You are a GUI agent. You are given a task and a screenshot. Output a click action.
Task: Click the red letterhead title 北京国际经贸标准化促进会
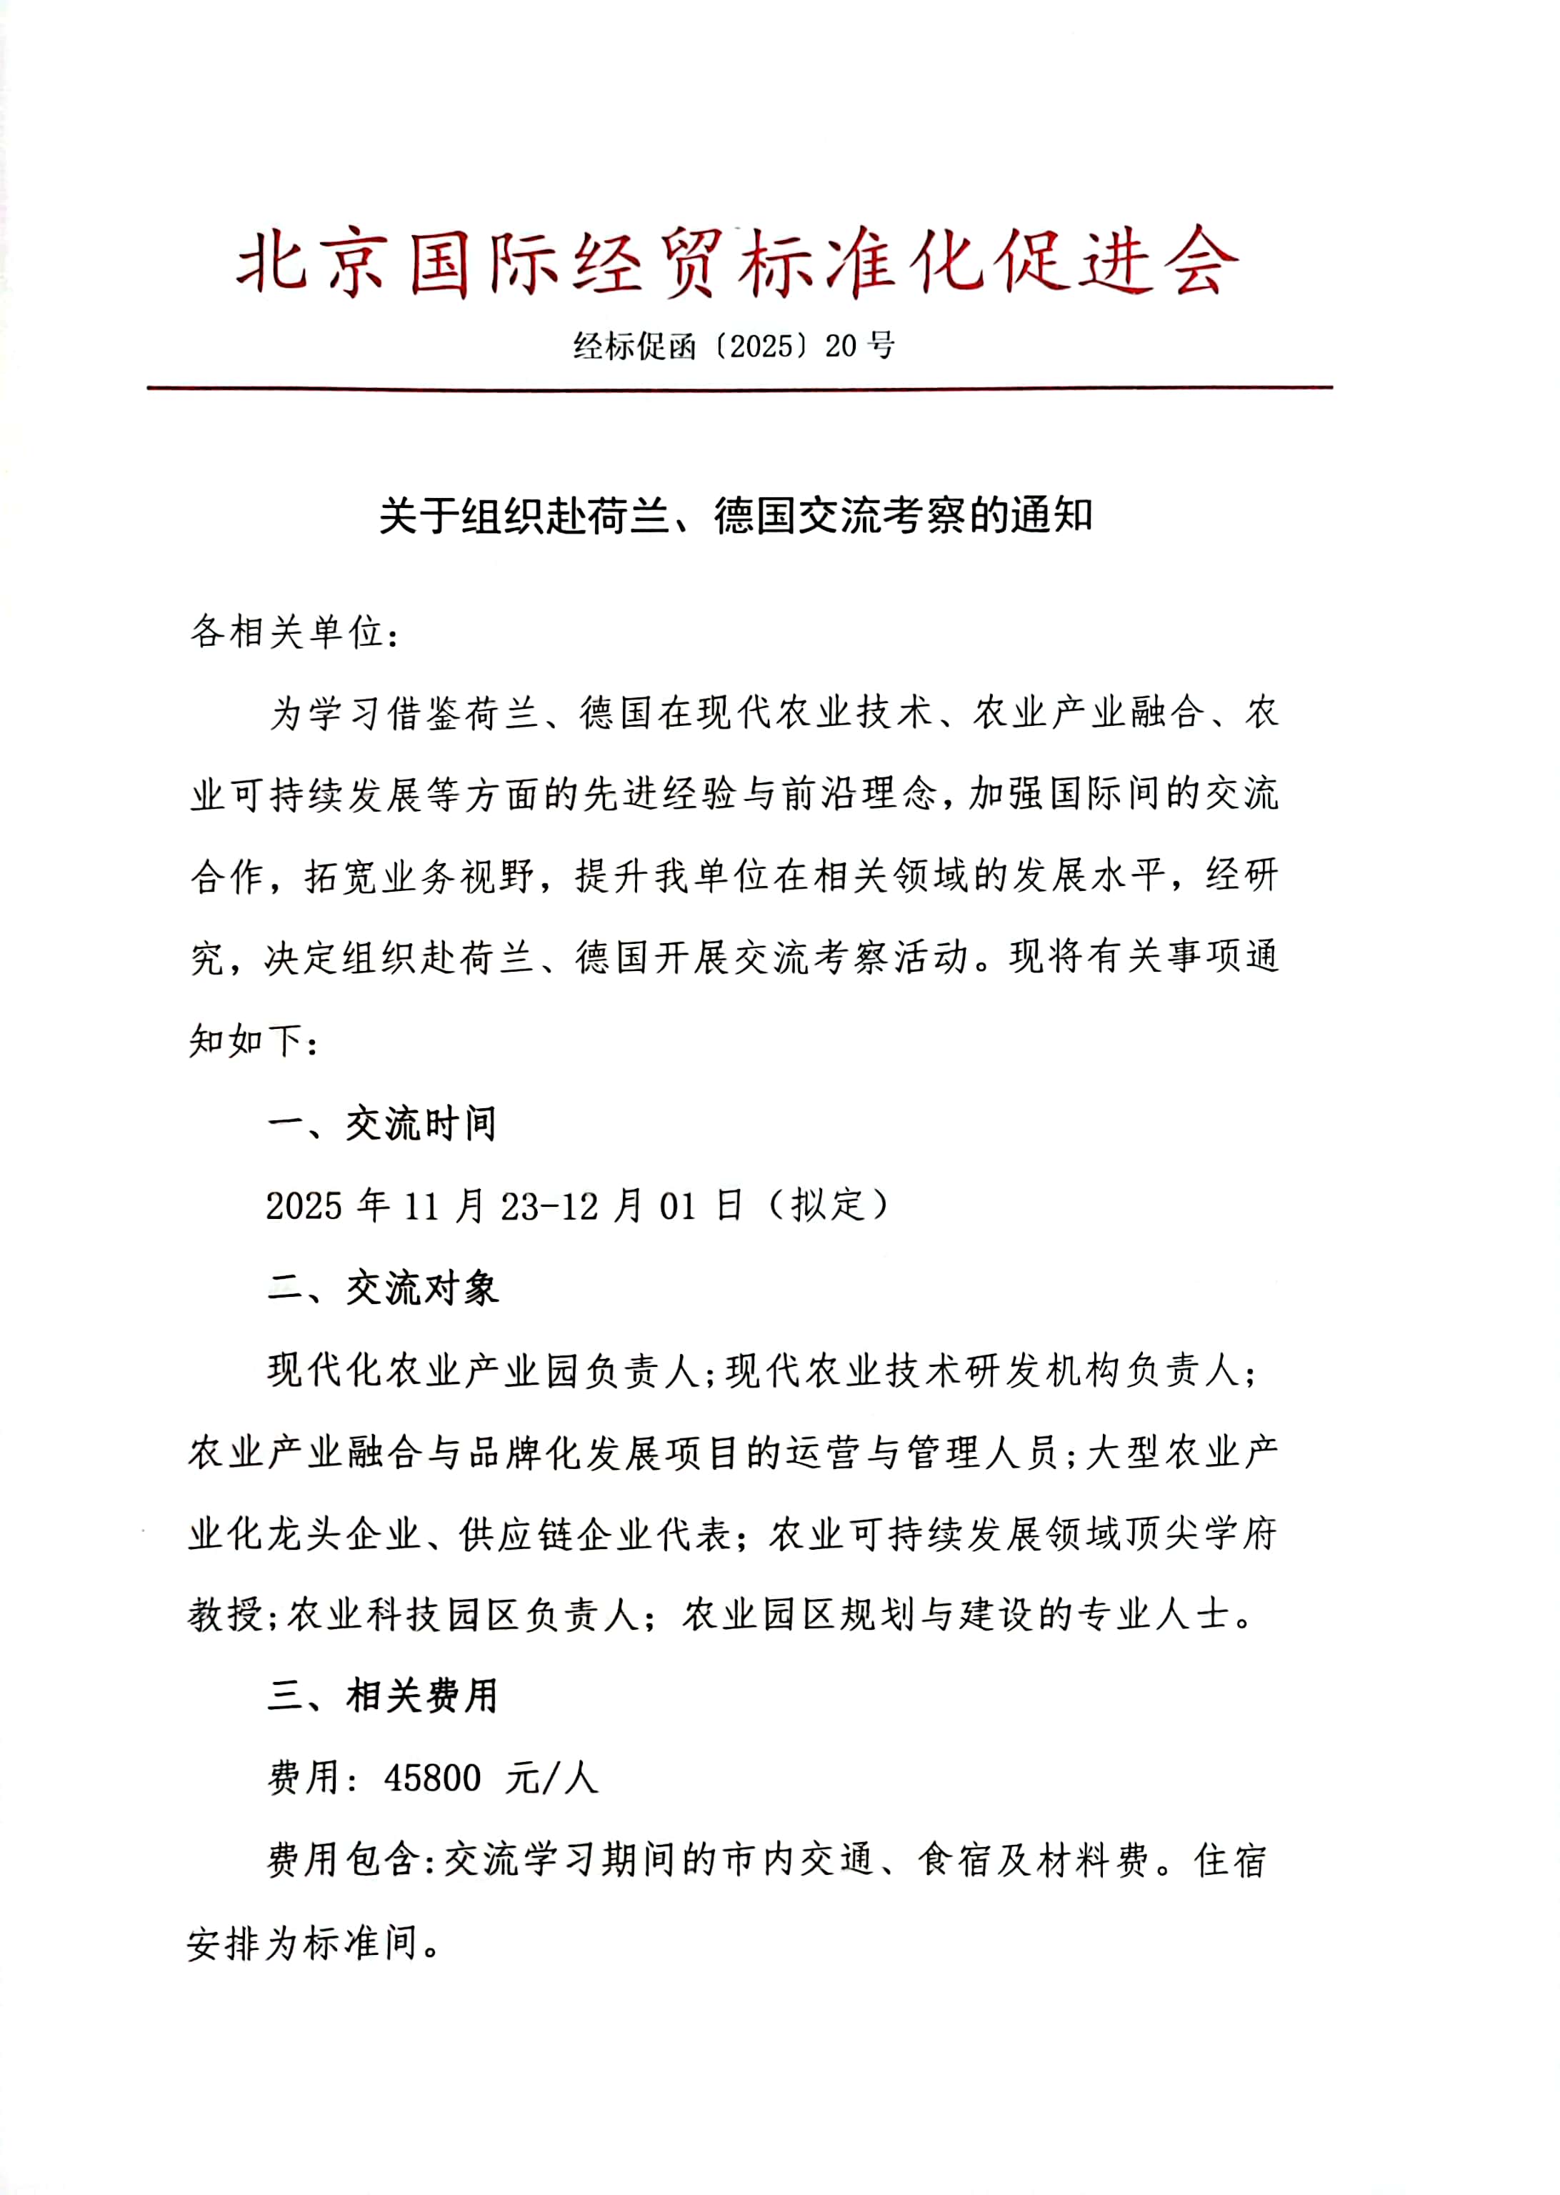tap(736, 262)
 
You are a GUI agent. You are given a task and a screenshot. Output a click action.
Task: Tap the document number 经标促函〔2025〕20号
tap(735, 345)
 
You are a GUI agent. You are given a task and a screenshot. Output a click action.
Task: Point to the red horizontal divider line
tap(740, 388)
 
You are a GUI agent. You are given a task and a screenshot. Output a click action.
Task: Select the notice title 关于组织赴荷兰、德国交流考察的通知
tap(736, 516)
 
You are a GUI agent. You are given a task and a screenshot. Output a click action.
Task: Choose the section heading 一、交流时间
tap(381, 1123)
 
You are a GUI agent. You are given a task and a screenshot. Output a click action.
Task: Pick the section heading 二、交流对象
tap(382, 1288)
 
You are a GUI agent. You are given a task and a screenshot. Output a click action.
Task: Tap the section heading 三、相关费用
tap(382, 1696)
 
